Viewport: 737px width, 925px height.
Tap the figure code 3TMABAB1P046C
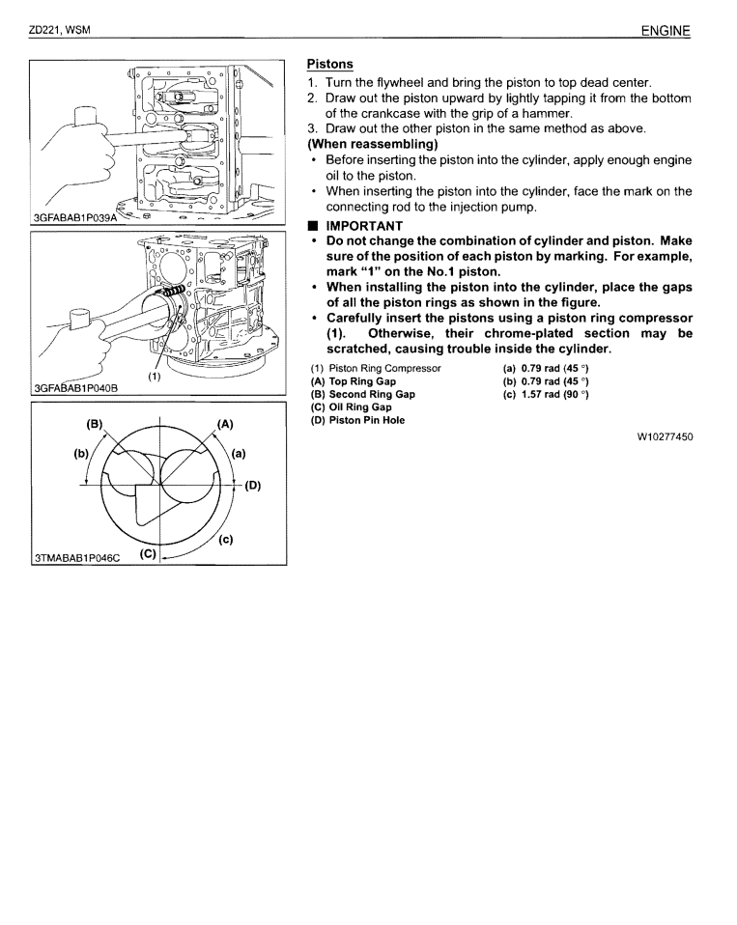click(x=76, y=556)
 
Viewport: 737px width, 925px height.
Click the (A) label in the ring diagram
click(x=226, y=423)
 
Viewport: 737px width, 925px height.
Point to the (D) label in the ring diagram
click(x=253, y=486)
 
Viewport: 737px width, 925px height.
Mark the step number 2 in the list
click(x=312, y=98)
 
